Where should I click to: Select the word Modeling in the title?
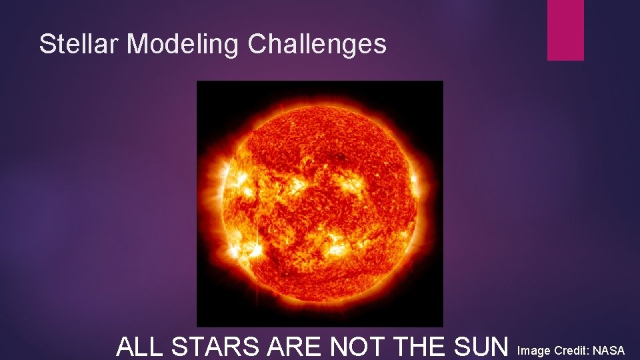click(184, 44)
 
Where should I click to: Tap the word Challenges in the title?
click(317, 44)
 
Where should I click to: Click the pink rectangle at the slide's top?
click(565, 29)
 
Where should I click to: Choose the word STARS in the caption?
click(213, 347)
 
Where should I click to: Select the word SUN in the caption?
click(483, 347)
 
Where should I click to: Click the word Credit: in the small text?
click(571, 350)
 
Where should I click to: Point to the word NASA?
click(609, 350)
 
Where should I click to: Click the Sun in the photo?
click(320, 200)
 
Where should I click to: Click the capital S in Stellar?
click(46, 44)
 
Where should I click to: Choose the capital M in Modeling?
click(136, 44)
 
